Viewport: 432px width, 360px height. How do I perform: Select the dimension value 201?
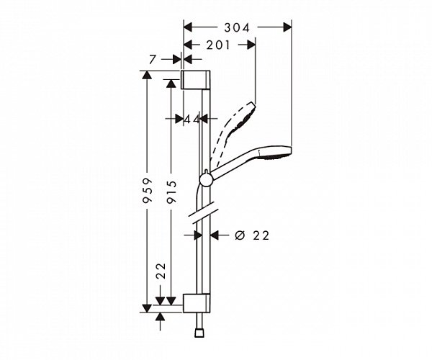pos(218,45)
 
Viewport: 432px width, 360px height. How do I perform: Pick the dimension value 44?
pos(190,118)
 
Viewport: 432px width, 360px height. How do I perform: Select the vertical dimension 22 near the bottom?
pos(161,272)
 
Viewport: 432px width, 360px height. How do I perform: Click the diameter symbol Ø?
pos(240,235)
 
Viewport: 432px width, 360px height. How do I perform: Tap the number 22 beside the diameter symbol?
pos(261,235)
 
